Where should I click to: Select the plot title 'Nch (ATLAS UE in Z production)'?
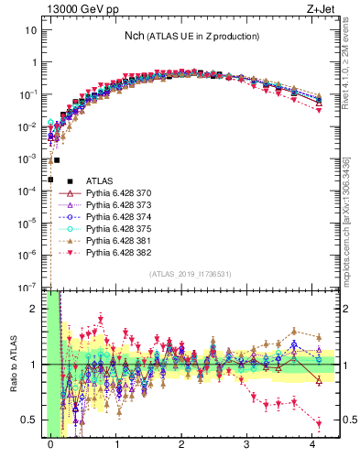click(x=192, y=36)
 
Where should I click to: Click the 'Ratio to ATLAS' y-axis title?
click(x=12, y=364)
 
